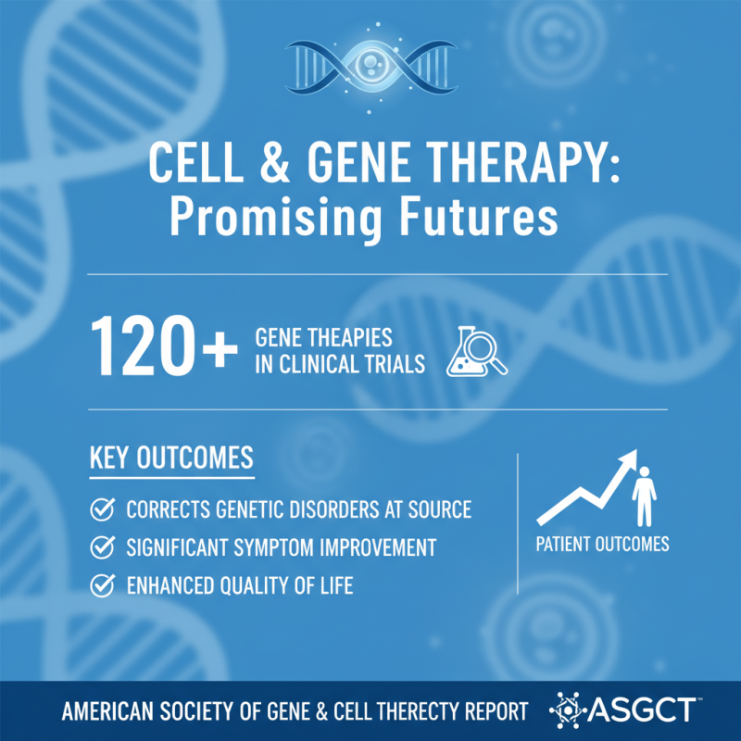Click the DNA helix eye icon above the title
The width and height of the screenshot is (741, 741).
[x=370, y=67]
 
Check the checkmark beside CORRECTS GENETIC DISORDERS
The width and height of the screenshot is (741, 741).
[x=102, y=509]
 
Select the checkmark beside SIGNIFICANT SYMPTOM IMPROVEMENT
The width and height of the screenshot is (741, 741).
[x=102, y=547]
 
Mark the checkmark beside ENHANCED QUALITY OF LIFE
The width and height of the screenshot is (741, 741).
[x=102, y=585]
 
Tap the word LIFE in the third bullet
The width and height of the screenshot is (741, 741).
[x=333, y=585]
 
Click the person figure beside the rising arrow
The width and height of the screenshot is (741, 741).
[x=645, y=496]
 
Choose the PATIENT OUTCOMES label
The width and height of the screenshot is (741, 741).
[x=602, y=544]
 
